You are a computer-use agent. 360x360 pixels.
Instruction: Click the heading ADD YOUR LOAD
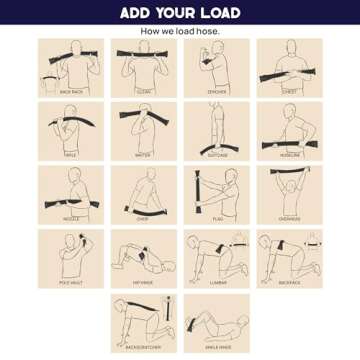coord(180,14)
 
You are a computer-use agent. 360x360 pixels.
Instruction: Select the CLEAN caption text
coord(143,90)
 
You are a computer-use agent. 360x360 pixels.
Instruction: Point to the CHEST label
coord(289,90)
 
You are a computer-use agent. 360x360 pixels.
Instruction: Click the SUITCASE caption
coord(216,154)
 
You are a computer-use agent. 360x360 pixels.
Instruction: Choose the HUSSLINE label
coord(289,154)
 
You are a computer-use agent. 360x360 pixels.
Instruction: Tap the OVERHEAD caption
coord(289,217)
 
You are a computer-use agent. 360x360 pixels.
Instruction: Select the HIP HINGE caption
coord(143,281)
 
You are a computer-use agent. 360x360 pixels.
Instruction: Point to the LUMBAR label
coord(216,281)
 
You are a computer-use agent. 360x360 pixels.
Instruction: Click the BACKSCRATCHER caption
coord(143,345)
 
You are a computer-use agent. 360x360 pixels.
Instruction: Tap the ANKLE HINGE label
coord(216,345)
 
